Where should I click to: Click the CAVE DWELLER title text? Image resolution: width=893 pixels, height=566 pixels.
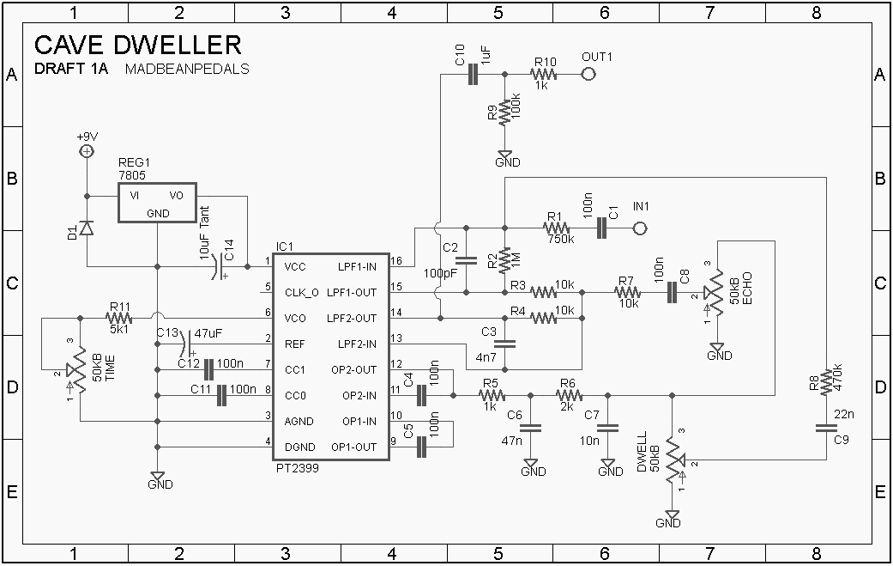(x=137, y=45)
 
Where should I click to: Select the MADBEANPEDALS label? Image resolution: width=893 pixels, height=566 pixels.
(x=187, y=69)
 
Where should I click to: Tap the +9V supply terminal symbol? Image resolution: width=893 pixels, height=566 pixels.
(x=87, y=151)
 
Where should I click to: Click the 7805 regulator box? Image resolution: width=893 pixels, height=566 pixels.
(x=157, y=203)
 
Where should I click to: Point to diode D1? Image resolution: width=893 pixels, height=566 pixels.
(x=87, y=228)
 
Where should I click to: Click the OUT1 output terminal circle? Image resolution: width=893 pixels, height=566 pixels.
(x=589, y=75)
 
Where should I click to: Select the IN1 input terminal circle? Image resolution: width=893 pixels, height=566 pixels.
(x=639, y=228)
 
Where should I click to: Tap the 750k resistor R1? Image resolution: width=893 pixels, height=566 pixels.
(x=556, y=228)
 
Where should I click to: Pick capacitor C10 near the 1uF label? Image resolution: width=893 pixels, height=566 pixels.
(x=472, y=75)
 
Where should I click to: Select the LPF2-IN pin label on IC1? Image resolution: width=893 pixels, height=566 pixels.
(x=356, y=344)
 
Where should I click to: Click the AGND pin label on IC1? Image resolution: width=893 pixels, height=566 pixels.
(x=299, y=421)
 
